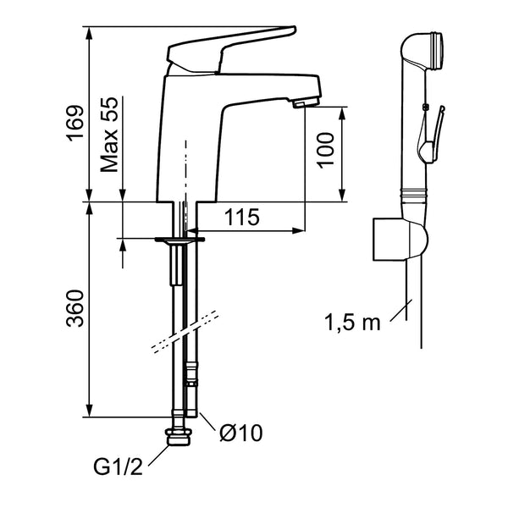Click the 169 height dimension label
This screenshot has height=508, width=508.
click(75, 124)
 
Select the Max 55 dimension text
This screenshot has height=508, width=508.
click(109, 135)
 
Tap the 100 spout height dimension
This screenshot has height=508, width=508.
click(325, 151)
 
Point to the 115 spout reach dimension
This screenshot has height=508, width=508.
click(242, 217)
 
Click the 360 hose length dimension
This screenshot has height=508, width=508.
click(75, 308)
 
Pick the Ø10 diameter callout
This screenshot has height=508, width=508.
click(240, 433)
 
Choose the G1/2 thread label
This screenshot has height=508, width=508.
click(118, 467)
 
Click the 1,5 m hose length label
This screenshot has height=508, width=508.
click(352, 323)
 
